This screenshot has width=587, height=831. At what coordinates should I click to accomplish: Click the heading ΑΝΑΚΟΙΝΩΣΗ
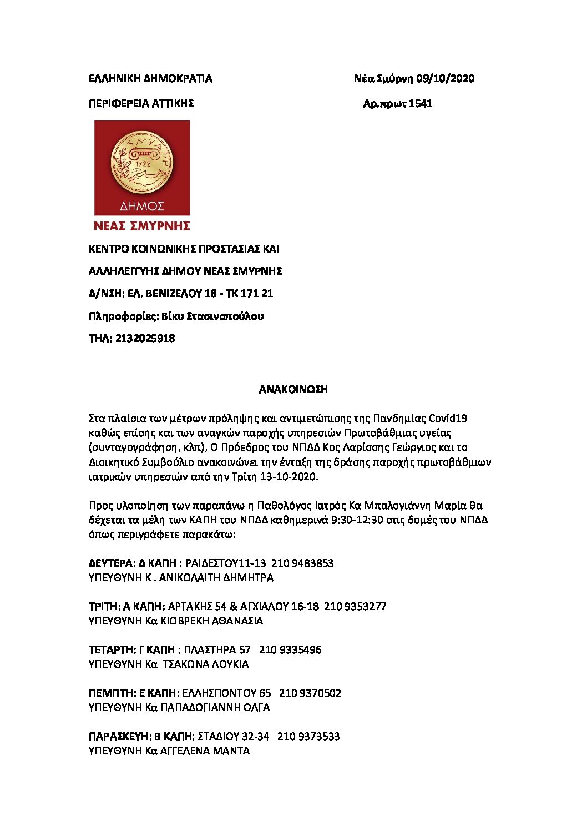[x=293, y=390]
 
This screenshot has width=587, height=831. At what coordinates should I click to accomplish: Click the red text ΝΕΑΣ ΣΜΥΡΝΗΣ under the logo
[x=142, y=226]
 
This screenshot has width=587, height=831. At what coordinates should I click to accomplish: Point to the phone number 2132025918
[x=145, y=339]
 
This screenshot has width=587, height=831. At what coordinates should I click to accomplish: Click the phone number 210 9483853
[x=302, y=563]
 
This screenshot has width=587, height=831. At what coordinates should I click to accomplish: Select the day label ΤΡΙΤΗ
[x=103, y=607]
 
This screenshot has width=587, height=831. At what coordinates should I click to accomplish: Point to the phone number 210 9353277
[x=355, y=607]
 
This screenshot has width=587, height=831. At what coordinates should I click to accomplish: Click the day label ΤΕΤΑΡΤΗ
[x=112, y=650]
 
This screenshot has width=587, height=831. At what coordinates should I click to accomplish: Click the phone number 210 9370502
[x=310, y=693]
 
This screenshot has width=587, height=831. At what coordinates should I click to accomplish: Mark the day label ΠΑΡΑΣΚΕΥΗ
[x=119, y=737]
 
